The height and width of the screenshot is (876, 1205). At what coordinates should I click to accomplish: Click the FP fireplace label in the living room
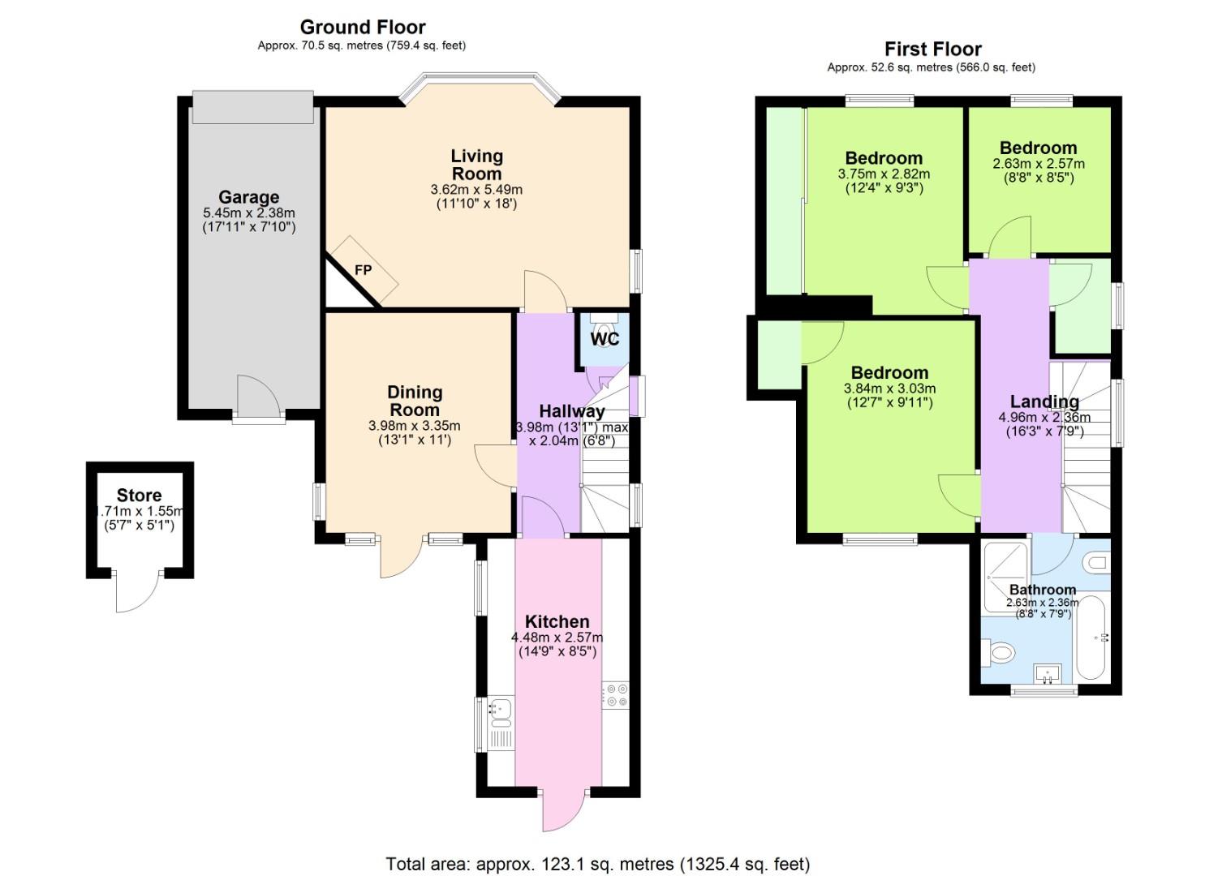point(363,270)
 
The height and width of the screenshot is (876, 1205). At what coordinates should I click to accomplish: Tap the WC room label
point(605,339)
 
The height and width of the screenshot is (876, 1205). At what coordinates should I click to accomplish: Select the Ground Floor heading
point(363,28)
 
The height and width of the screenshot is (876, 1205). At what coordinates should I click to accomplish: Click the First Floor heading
point(932,49)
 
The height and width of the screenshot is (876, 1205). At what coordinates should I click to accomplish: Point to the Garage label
point(248,197)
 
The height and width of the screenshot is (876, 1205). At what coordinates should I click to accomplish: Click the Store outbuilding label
point(139,496)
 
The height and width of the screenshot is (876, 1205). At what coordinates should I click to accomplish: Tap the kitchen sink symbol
point(499,711)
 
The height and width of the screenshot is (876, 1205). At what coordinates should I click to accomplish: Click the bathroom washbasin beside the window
point(1046,673)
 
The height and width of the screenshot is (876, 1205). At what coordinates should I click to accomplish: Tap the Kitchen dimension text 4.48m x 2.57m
point(557,638)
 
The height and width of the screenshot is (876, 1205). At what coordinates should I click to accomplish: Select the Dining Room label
point(415,401)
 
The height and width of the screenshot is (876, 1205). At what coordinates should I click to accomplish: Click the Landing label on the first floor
point(1044,401)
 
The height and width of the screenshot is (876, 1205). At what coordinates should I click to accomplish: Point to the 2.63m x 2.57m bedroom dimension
point(1038,164)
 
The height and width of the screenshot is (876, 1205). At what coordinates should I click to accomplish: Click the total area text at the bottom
point(597,864)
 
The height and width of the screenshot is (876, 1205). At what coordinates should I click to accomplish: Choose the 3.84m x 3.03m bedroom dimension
point(889,389)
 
